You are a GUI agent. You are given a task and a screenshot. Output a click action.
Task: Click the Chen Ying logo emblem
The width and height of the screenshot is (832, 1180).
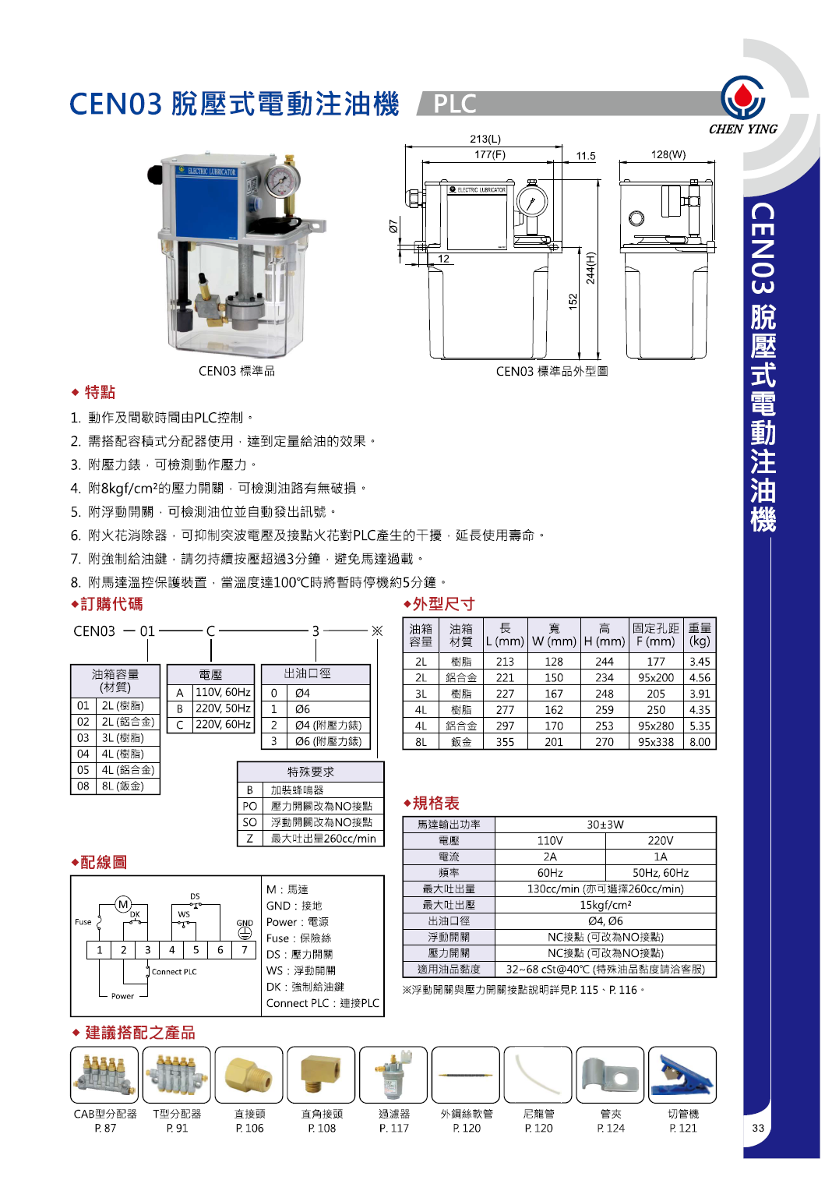point(742,97)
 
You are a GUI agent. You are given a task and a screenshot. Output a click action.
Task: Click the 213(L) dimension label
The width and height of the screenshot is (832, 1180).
point(485,139)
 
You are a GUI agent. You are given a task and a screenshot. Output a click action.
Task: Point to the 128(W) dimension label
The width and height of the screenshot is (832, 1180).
point(668,154)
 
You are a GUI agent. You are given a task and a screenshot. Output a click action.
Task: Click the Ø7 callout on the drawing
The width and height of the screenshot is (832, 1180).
point(393,225)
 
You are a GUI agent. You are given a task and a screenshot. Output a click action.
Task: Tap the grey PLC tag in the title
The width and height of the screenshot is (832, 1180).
point(455,104)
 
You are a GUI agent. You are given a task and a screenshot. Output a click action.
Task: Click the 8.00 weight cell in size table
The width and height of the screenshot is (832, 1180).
point(700,742)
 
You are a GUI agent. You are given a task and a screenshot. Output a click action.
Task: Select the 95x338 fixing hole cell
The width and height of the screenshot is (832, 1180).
point(655,742)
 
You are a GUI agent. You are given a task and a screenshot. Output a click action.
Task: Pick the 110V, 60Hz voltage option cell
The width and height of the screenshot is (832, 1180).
point(223,692)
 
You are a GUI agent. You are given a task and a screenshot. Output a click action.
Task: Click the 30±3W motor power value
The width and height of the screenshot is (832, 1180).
point(605,825)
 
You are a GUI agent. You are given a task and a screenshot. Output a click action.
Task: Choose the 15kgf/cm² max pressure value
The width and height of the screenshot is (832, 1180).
point(605,905)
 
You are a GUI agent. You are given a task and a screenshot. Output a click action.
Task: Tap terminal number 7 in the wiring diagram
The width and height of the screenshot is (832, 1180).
point(245,949)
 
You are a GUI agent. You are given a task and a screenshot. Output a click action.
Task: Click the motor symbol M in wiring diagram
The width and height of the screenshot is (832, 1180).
point(123,904)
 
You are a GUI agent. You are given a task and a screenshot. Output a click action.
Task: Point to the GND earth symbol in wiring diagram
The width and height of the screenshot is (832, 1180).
point(245,932)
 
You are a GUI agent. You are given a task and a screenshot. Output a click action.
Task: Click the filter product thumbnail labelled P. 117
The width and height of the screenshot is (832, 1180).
point(393,1075)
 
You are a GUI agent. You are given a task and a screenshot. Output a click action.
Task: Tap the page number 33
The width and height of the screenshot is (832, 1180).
point(758,1128)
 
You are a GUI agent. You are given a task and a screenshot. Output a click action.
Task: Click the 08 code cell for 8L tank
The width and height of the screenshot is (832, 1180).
point(83,786)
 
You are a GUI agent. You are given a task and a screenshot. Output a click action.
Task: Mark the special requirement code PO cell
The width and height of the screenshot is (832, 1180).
point(249,806)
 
